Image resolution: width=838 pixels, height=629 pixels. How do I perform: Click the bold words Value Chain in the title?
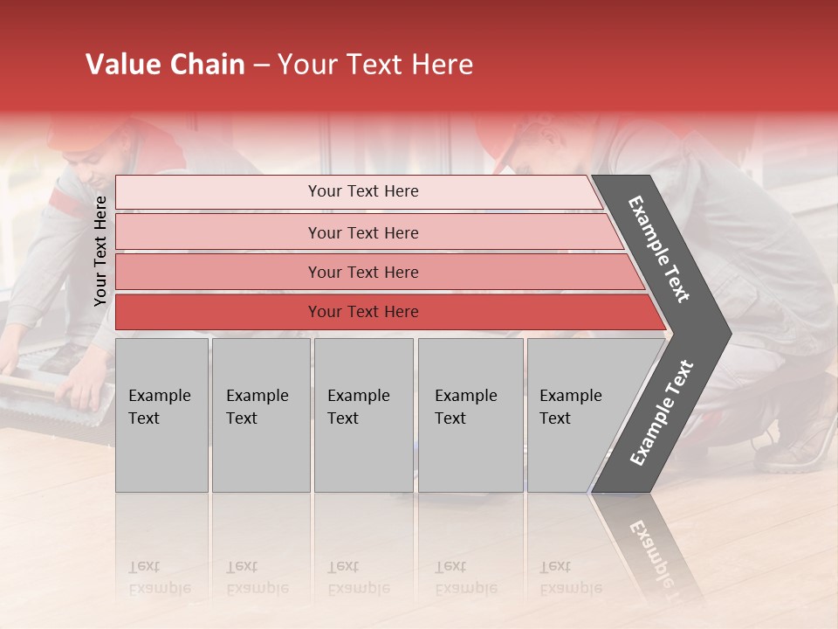165,65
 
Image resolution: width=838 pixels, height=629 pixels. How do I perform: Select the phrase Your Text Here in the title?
375,65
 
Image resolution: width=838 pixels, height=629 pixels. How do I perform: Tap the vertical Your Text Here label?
100,251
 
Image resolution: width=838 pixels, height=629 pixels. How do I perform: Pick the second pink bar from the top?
362,232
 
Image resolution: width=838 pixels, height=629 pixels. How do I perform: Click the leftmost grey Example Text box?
161,415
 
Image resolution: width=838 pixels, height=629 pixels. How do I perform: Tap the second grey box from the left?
260,415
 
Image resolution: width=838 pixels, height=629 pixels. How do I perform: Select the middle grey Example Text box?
363,415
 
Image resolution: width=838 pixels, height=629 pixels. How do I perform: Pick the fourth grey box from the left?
470,415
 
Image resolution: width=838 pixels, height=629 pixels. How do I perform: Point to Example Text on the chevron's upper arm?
659,249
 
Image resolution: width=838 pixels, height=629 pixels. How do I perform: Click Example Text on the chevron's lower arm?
661,413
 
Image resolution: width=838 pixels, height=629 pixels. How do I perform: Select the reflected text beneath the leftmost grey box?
159,577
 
